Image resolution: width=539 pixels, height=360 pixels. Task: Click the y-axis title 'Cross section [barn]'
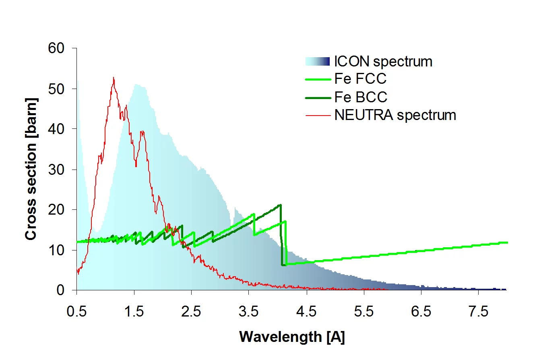point(32,169)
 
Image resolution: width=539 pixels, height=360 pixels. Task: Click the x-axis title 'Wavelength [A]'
point(292,337)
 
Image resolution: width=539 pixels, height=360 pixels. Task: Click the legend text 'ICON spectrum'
point(383,62)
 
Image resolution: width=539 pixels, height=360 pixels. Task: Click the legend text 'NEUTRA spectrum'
point(395,115)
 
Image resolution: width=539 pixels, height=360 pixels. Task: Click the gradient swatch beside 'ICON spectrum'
point(317,62)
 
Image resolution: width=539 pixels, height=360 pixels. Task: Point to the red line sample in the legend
point(317,115)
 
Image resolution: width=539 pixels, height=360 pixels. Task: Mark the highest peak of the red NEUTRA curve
point(114,78)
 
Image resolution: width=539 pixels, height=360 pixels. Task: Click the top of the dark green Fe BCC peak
point(280,205)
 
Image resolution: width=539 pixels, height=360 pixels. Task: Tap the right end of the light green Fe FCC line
point(507,242)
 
